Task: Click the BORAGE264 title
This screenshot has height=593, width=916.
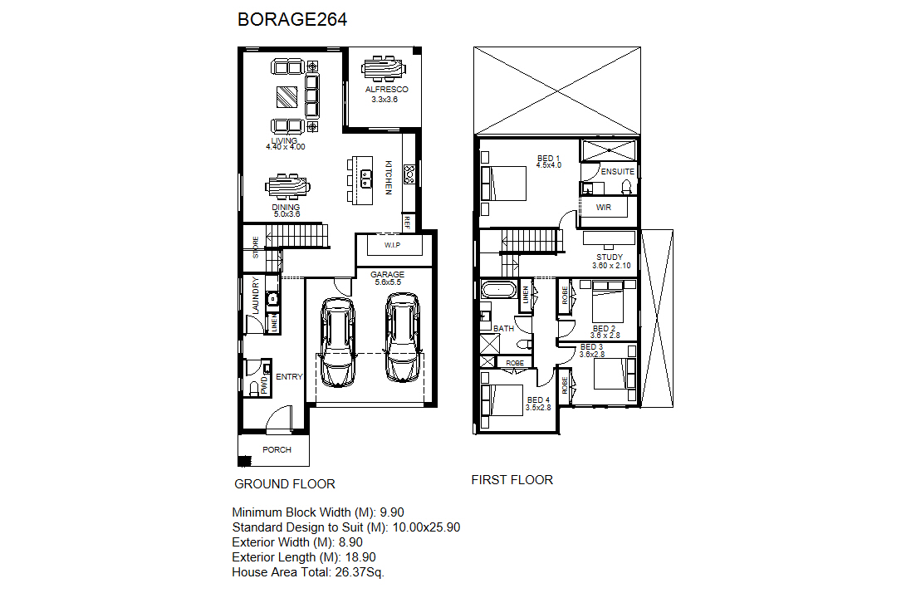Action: click(292, 19)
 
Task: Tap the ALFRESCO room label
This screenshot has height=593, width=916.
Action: click(387, 90)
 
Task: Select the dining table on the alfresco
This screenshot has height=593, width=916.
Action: click(384, 68)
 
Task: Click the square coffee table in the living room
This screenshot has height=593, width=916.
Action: click(287, 96)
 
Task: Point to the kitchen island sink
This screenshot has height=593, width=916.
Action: click(366, 178)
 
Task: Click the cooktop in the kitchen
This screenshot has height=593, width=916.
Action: click(409, 174)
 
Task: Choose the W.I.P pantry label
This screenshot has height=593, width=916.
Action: click(393, 245)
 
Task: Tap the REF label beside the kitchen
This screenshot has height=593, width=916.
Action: click(407, 222)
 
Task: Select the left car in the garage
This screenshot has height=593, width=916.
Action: click(338, 342)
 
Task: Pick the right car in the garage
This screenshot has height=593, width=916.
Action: click(403, 337)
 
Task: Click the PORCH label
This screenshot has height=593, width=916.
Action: click(277, 450)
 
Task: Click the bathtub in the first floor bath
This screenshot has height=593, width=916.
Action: click(499, 290)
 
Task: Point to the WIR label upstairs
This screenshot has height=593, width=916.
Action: click(604, 208)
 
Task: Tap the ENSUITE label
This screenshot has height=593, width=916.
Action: click(618, 172)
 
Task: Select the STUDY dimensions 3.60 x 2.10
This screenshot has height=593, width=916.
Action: click(611, 265)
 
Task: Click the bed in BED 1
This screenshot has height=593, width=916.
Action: click(503, 184)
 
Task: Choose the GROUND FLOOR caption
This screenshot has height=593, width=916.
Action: click(285, 483)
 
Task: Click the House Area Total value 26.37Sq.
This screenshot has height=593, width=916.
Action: click(360, 572)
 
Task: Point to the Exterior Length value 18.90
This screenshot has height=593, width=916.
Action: click(360, 557)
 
